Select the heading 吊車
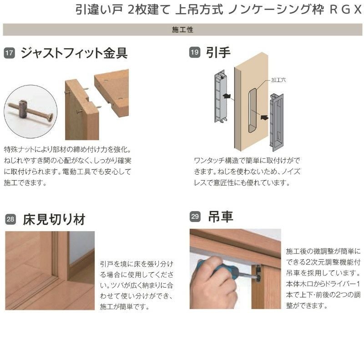(220, 217)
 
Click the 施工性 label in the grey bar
(183, 30)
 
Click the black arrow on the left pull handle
(229, 96)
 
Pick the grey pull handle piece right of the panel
(278, 122)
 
